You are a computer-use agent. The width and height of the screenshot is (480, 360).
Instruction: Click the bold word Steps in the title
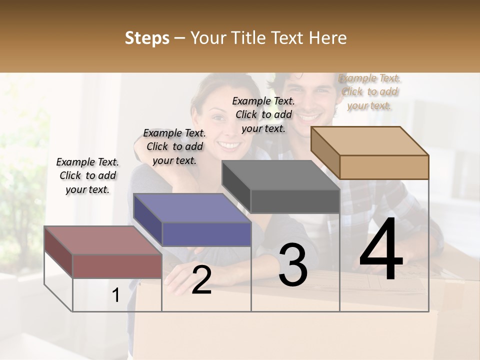[147, 38]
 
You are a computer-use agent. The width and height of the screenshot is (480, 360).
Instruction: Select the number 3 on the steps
[293, 265]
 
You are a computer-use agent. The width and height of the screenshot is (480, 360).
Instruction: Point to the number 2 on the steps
[201, 280]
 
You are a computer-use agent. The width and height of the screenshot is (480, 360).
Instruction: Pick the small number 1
[116, 295]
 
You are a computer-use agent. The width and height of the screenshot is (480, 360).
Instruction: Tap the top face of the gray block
[280, 175]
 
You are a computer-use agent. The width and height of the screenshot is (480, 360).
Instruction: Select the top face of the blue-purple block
[192, 208]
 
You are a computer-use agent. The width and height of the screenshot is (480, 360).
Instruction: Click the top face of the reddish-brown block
[103, 240]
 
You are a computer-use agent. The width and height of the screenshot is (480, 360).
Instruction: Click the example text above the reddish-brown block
[87, 175]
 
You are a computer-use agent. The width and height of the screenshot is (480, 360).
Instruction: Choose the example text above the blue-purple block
[174, 146]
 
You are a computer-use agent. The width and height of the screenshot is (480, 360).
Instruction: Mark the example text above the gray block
[263, 114]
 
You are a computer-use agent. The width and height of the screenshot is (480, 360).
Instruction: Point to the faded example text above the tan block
[369, 91]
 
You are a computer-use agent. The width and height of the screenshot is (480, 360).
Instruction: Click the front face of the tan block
[384, 167]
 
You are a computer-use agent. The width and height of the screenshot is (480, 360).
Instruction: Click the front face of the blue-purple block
[206, 234]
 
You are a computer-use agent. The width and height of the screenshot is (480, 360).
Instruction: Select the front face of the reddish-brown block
[117, 266]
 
